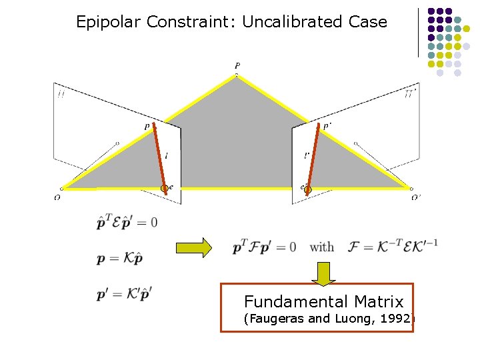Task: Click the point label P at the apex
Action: (237, 65)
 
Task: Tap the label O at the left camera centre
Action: (58, 197)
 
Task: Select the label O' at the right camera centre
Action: (416, 197)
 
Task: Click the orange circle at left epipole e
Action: (165, 189)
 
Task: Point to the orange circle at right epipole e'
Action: (307, 190)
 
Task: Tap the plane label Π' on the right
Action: (411, 95)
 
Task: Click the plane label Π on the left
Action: (61, 95)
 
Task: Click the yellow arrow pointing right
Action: (193, 247)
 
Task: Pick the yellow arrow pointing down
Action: (323, 273)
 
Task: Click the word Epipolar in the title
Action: (109, 21)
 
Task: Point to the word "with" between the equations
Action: (322, 247)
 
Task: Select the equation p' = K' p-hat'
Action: (124, 293)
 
